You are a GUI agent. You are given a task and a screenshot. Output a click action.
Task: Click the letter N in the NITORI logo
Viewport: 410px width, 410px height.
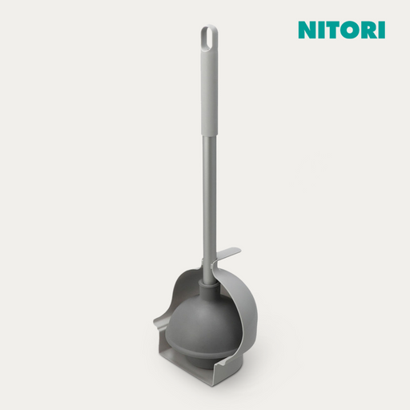tap(307, 30)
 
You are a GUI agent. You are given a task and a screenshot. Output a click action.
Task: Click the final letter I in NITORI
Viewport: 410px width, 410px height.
tap(382, 30)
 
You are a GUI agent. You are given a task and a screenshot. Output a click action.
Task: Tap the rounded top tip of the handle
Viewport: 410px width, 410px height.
tap(209, 26)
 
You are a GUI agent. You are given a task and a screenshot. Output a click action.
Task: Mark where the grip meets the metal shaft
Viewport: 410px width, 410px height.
tap(210, 136)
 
